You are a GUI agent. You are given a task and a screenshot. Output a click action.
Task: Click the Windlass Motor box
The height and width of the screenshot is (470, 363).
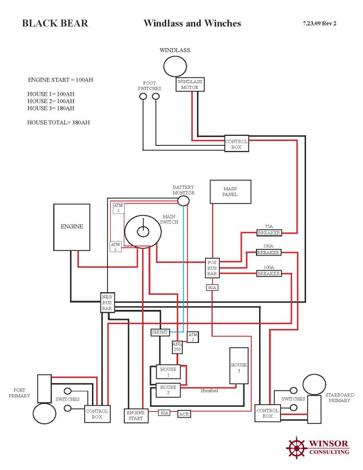[190, 84]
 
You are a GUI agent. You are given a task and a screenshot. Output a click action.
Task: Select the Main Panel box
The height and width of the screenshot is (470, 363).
[230, 191]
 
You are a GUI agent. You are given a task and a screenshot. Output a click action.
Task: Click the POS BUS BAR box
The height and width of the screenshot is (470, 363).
[212, 268]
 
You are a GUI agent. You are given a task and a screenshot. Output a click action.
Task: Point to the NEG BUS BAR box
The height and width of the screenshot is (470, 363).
[107, 302]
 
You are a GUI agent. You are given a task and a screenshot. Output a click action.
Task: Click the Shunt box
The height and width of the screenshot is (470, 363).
[160, 332]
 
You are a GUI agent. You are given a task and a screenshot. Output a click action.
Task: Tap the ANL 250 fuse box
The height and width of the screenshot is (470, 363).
[178, 347]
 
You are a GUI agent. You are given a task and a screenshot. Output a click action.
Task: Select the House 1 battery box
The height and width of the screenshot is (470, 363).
[168, 372]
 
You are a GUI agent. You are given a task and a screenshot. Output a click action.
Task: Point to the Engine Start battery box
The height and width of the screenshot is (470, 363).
[135, 416]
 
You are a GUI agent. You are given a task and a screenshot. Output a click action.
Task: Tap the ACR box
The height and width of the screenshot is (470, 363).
[184, 414]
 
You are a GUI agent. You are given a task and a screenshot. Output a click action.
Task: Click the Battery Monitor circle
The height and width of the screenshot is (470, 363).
[183, 201]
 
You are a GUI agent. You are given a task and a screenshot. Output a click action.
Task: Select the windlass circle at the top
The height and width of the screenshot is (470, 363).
[175, 66]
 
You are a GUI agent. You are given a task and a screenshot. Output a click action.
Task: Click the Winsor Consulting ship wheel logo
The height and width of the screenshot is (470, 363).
[296, 448]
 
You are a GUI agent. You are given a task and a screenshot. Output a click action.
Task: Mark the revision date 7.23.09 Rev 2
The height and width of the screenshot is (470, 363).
[319, 24]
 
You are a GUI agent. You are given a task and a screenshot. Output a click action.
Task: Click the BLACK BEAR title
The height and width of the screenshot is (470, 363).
[55, 24]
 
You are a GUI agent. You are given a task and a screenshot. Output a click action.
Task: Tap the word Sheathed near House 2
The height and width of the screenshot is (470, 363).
[209, 391]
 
